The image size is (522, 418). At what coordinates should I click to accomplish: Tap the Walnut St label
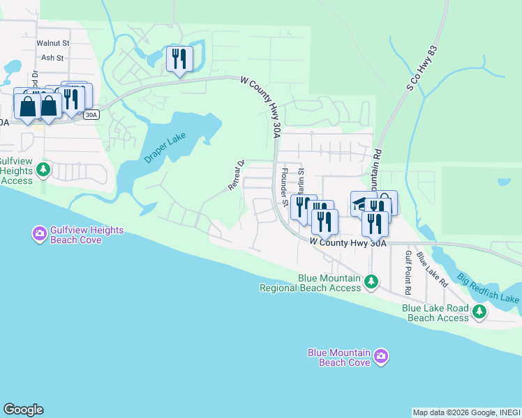click(53, 43)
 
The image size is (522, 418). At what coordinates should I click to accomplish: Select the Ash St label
click(52, 58)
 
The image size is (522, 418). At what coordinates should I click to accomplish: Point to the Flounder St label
click(284, 187)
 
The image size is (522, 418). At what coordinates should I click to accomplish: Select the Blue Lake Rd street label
click(432, 270)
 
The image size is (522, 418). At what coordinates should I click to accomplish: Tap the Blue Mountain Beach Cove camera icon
click(380, 357)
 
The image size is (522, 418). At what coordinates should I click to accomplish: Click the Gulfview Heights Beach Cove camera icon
click(39, 232)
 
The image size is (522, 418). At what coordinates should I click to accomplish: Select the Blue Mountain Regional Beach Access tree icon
click(372, 281)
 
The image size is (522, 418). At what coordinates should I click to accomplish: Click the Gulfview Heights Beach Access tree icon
click(43, 169)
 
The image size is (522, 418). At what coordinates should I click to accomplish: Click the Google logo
click(22, 410)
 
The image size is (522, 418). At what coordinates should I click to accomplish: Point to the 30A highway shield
click(91, 115)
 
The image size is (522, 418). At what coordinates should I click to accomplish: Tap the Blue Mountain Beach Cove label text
click(338, 357)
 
